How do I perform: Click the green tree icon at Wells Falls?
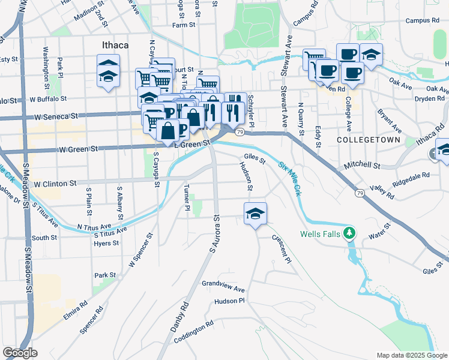pos(349,233)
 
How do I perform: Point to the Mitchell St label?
pos(362,164)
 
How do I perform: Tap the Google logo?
pos(20,353)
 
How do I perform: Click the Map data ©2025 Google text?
pos(412,355)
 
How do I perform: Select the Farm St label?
pos(184,25)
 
